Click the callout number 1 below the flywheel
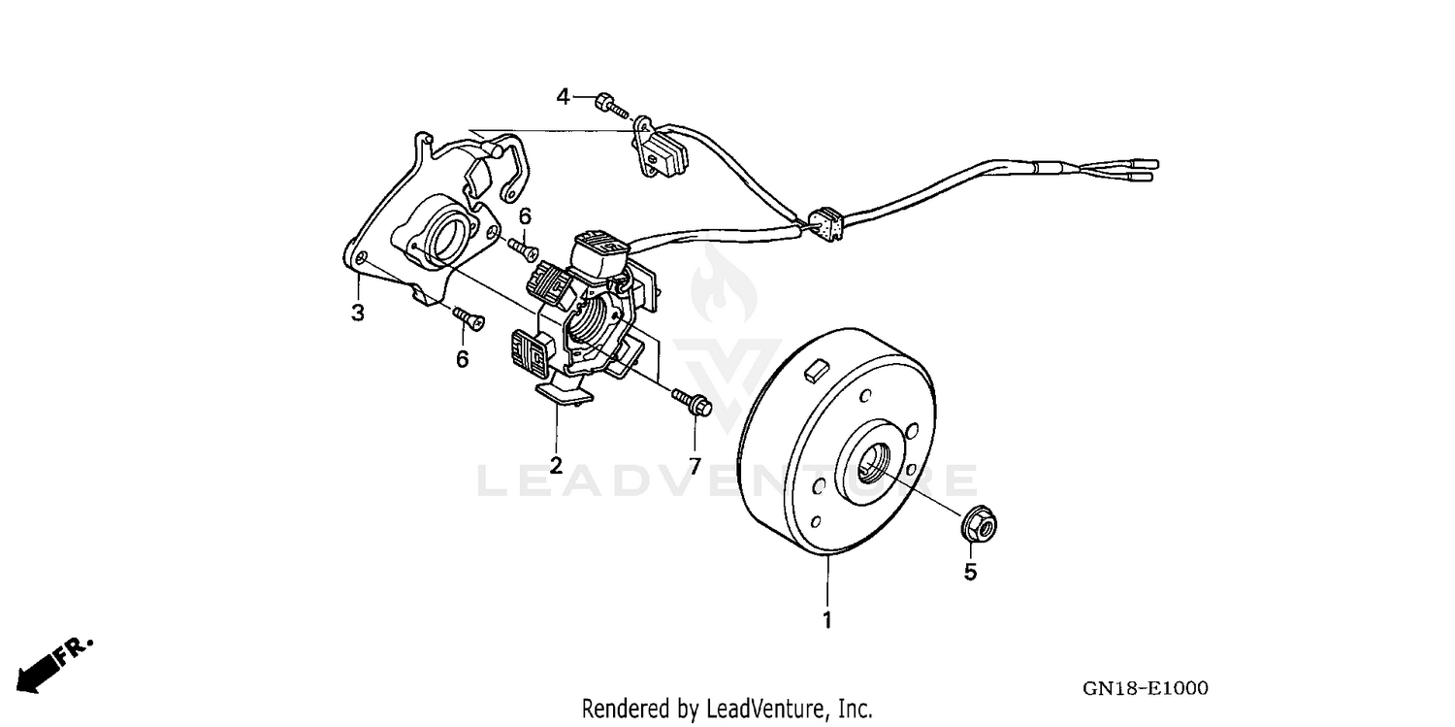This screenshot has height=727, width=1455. pos(827,618)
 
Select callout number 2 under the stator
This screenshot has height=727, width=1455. pos(556,464)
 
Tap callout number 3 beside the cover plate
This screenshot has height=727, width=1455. pos(358,313)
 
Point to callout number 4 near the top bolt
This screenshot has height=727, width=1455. pos(563,96)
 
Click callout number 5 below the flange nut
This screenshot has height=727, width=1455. pos(970,573)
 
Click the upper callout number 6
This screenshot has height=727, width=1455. pos(525,216)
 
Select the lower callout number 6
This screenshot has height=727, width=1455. pos(463,358)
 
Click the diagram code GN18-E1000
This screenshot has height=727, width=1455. pos(1145,688)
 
